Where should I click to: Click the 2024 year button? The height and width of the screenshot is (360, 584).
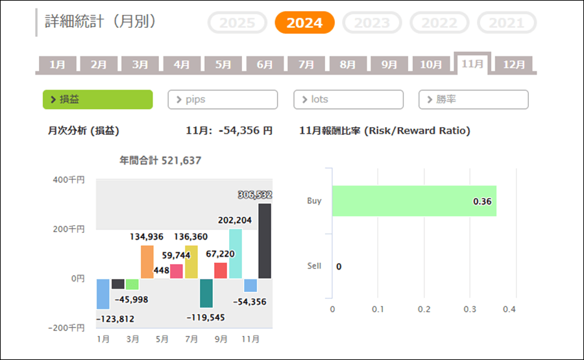pyautogui.click(x=304, y=23)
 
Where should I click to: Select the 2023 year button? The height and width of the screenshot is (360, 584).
pyautogui.click(x=372, y=23)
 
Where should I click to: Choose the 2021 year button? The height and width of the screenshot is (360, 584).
pyautogui.click(x=506, y=23)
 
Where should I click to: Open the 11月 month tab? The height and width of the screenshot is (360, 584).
pyautogui.click(x=472, y=64)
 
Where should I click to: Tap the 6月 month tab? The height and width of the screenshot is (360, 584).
pyautogui.click(x=265, y=65)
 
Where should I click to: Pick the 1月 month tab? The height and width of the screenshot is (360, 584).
pyautogui.click(x=57, y=65)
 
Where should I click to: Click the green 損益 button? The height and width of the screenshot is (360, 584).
pyautogui.click(x=97, y=99)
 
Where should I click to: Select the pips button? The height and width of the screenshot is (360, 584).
pyautogui.click(x=223, y=99)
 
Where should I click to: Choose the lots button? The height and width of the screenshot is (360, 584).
pyautogui.click(x=348, y=99)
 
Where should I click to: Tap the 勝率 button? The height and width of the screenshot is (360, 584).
pyautogui.click(x=474, y=99)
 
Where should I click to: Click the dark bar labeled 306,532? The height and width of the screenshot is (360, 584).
pyautogui.click(x=265, y=241)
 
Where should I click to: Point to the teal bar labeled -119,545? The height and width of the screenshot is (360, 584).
pyautogui.click(x=206, y=293)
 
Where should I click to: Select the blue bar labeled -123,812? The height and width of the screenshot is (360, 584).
pyautogui.click(x=103, y=294)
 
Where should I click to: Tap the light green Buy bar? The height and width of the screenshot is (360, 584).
pyautogui.click(x=414, y=201)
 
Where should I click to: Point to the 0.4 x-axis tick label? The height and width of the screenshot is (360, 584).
pyautogui.click(x=509, y=309)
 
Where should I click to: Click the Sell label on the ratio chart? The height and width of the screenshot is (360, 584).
pyautogui.click(x=314, y=266)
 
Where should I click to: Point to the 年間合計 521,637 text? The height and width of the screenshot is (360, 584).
pyautogui.click(x=160, y=160)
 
